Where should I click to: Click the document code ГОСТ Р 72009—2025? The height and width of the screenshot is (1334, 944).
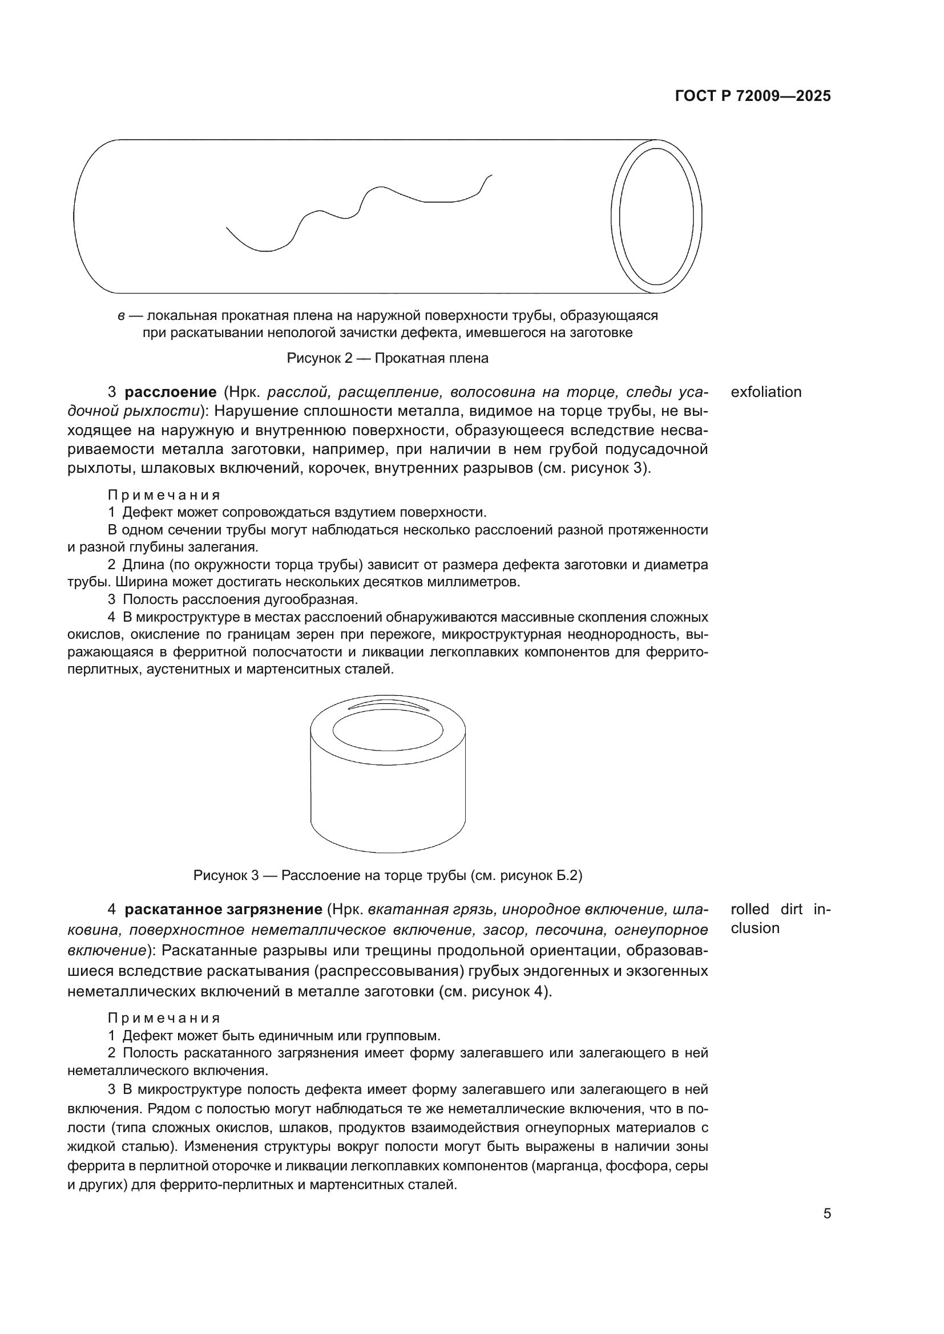(753, 96)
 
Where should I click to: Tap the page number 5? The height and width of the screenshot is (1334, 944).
(827, 1214)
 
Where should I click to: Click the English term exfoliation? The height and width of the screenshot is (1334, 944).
(765, 392)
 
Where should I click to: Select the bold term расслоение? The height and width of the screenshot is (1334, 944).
(170, 392)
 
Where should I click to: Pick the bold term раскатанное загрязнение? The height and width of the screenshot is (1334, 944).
(223, 909)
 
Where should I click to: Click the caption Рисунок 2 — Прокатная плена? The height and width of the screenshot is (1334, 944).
(387, 358)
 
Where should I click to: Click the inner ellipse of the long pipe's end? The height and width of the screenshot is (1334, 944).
(656, 217)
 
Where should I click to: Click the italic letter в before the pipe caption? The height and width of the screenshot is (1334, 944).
(121, 316)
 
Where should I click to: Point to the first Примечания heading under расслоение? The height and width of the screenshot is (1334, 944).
(164, 495)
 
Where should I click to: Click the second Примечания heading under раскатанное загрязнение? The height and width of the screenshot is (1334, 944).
(164, 1018)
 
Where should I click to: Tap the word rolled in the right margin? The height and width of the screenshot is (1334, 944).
(750, 909)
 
